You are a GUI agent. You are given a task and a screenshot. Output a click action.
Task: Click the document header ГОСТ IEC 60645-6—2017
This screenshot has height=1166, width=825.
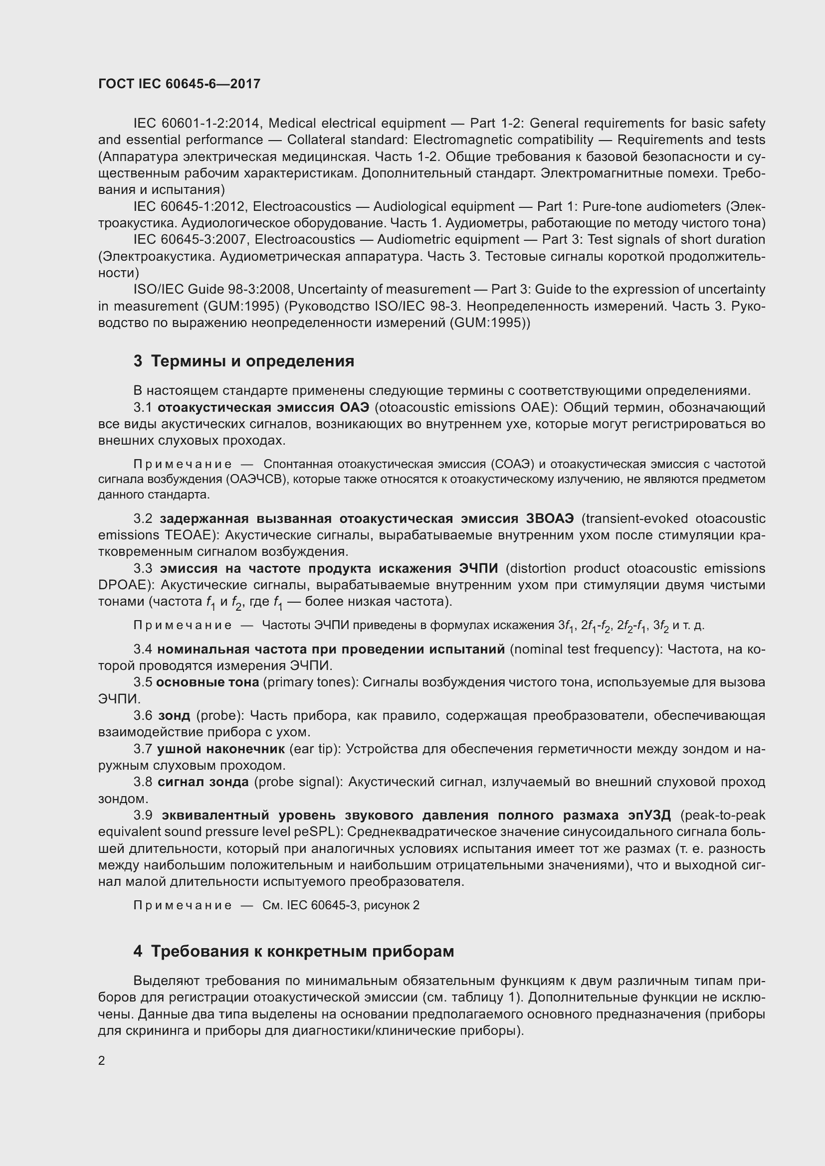[x=179, y=84]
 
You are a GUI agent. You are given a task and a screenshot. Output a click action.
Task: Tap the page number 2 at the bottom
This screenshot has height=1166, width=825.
[x=102, y=1061]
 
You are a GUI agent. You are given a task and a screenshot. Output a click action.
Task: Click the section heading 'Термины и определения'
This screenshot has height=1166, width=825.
[x=252, y=361]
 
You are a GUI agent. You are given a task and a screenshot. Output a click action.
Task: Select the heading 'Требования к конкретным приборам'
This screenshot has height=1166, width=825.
[x=302, y=951]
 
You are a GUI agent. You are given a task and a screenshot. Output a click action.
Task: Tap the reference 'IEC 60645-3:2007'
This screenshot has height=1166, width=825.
[x=192, y=240]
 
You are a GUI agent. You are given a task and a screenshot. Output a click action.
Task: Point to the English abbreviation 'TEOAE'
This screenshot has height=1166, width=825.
[x=185, y=535]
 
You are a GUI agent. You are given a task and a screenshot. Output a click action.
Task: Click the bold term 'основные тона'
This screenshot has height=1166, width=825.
[x=207, y=682]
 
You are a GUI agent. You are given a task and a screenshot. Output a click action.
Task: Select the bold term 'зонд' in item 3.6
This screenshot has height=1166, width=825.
[x=174, y=715]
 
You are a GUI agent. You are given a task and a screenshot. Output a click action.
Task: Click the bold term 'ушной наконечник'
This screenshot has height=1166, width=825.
[x=221, y=749]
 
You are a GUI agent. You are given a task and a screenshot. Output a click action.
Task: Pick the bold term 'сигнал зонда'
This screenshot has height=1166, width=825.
[x=203, y=782]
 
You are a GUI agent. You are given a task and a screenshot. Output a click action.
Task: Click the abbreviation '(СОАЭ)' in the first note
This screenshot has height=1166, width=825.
[x=513, y=464]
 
